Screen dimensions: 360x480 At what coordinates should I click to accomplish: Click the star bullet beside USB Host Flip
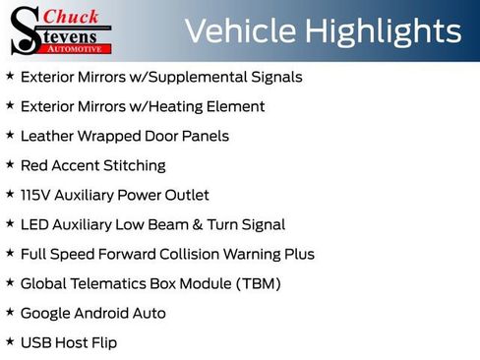pyautogui.click(x=10, y=342)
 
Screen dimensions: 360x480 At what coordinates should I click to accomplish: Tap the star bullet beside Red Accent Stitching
pyautogui.click(x=10, y=165)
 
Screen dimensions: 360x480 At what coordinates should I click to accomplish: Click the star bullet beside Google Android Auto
pyautogui.click(x=10, y=313)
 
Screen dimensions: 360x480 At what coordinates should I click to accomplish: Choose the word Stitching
pyautogui.click(x=132, y=165)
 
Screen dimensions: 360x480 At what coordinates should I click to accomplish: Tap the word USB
pyautogui.click(x=35, y=342)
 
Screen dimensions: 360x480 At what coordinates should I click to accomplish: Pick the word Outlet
pyautogui.click(x=185, y=195)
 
